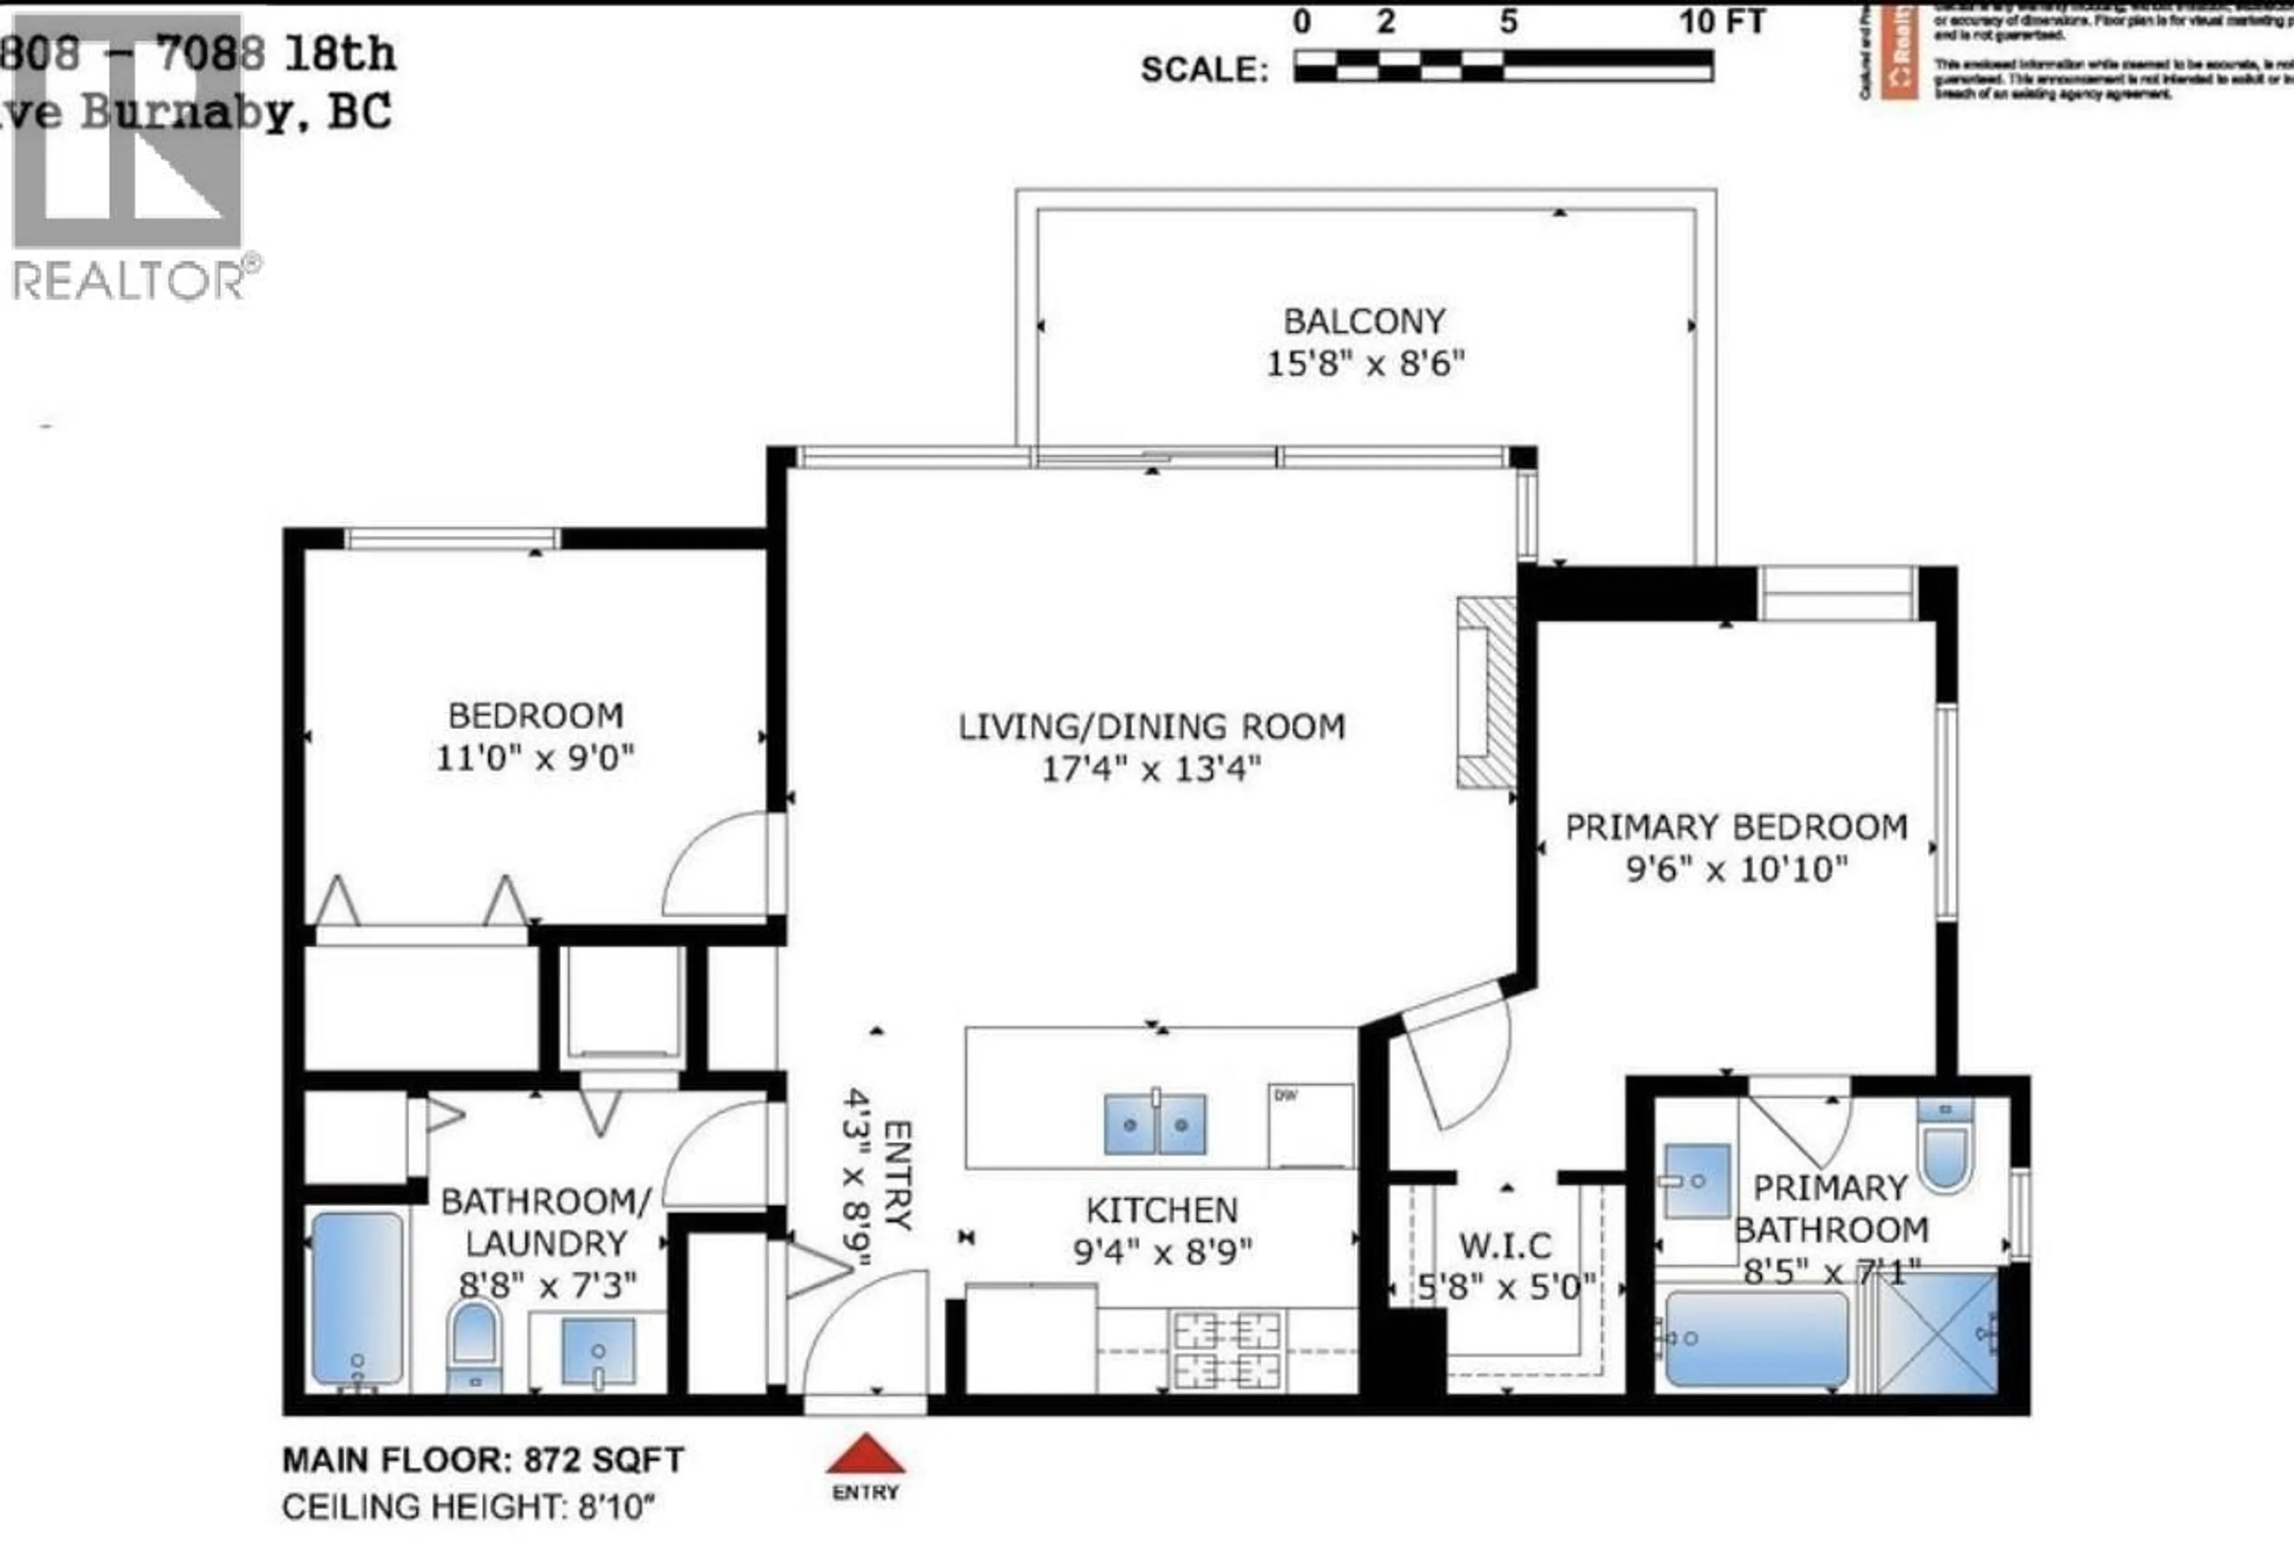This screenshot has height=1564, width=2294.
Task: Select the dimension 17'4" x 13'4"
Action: [1151, 768]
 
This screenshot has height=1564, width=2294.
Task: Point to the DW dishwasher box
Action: [1310, 1125]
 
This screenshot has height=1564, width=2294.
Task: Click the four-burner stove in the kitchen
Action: [1227, 1351]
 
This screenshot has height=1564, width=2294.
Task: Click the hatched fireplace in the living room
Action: [1486, 692]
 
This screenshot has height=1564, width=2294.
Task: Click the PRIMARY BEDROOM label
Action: [1736, 826]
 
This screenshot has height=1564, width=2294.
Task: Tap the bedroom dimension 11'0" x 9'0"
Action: [535, 758]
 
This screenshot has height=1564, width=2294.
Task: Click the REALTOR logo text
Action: [128, 281]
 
